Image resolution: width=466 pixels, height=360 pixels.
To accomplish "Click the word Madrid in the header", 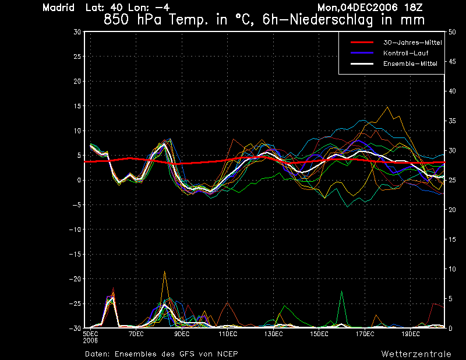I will pos(58,8).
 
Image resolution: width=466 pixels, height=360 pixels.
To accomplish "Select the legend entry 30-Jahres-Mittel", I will pos(412,43).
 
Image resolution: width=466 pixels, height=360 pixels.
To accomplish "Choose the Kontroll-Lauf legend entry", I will pos(407,53).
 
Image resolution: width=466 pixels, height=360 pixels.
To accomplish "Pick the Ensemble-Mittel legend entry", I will pos(410,63).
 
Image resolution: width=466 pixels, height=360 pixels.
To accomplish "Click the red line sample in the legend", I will pos(361,43).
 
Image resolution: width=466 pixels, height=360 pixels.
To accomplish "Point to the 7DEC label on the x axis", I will pos(136,334).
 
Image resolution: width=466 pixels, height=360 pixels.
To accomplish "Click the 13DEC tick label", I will pos(273,334).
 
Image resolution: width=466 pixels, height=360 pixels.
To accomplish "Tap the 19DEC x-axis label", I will pos(411,334).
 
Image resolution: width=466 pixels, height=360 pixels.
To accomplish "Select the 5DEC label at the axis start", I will pos(90,334).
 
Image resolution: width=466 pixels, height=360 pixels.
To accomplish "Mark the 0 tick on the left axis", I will pos(79,180).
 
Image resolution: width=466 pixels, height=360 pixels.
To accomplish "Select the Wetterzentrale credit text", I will pos(416,354).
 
